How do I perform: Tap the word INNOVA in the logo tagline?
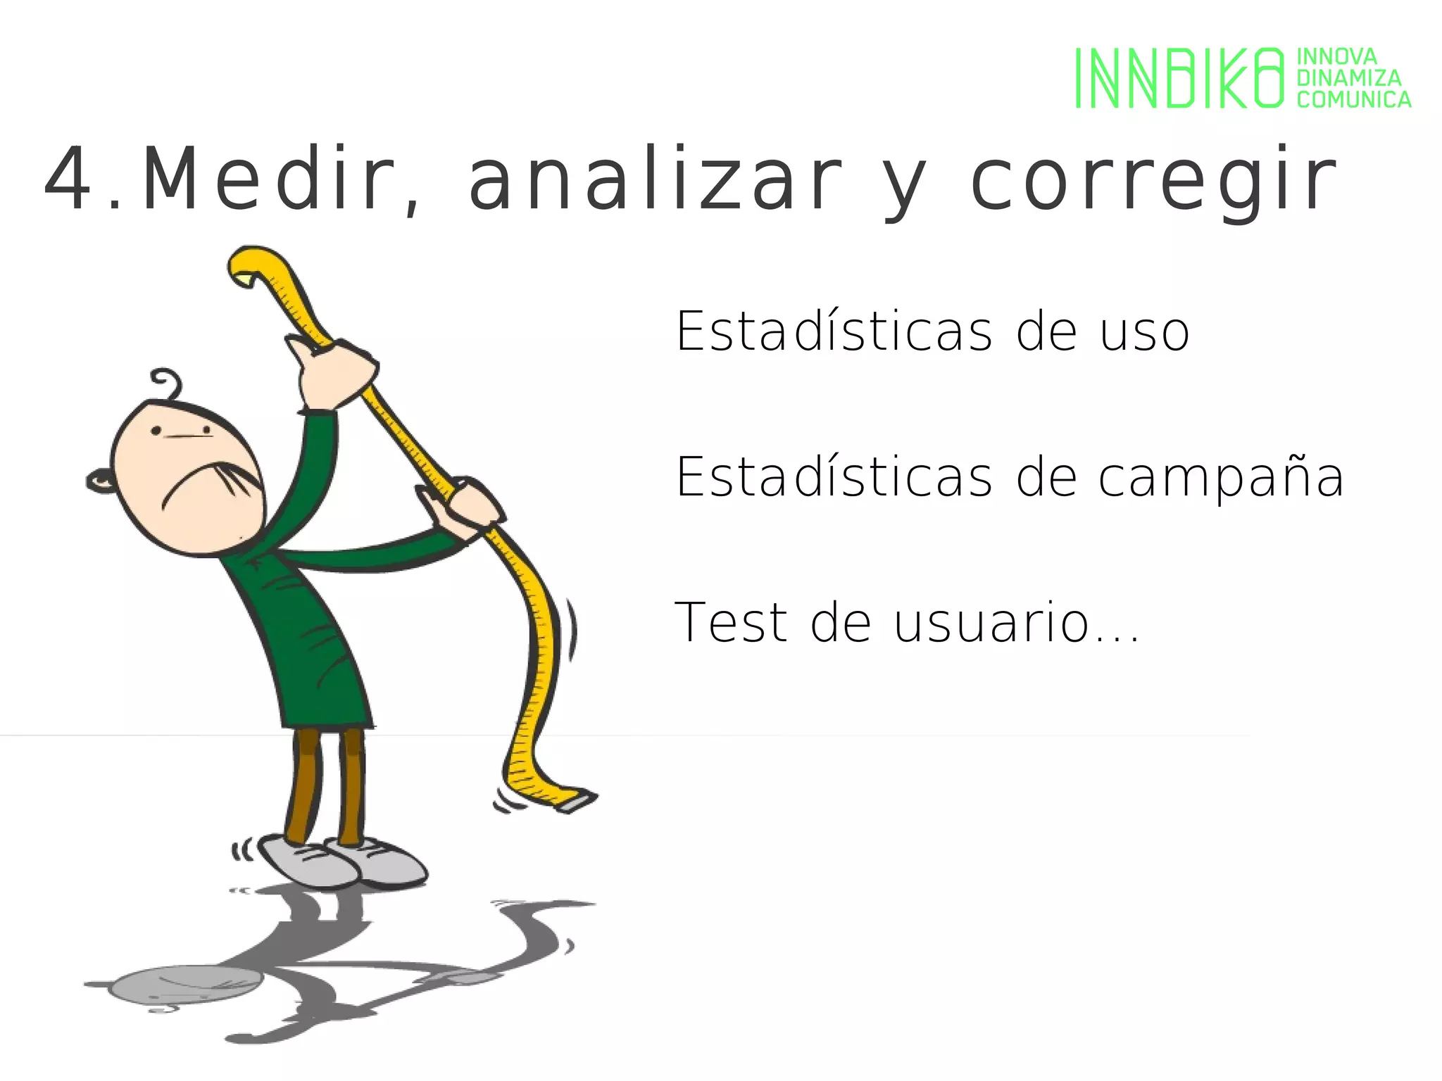click(1336, 56)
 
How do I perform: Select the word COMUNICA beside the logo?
click(1353, 100)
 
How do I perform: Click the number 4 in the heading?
click(67, 180)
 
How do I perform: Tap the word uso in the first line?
click(1144, 331)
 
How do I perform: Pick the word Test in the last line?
click(731, 623)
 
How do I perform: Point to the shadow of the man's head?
click(187, 983)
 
